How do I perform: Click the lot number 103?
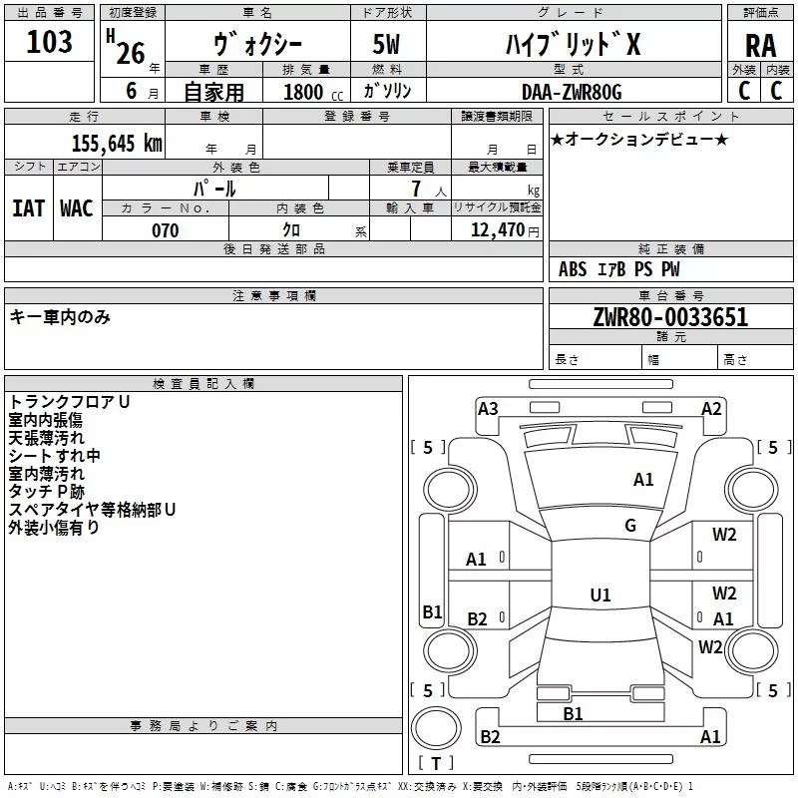(49, 42)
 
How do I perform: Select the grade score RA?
(760, 45)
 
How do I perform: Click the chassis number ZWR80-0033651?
(669, 317)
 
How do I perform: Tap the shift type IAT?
(28, 207)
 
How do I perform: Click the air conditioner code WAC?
(76, 207)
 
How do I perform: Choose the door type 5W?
(388, 45)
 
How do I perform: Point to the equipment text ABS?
(573, 269)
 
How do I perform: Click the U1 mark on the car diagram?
(599, 595)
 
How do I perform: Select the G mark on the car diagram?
(630, 526)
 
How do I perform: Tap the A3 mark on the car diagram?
(488, 408)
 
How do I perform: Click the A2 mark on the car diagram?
(711, 408)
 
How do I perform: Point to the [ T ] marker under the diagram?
(435, 763)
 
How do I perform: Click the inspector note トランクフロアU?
(69, 402)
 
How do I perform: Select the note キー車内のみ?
(60, 317)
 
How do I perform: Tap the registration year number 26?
(131, 52)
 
